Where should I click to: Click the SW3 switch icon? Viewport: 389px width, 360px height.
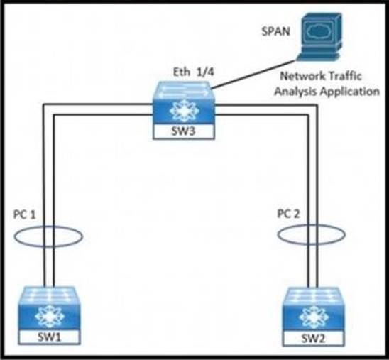[x=184, y=110]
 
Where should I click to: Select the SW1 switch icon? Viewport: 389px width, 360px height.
[x=50, y=315]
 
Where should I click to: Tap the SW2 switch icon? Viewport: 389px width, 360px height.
[x=314, y=317]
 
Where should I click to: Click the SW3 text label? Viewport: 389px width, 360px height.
[x=184, y=131]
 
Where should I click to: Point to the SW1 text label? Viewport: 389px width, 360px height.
[x=49, y=337]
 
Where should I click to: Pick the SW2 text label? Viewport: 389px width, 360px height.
[x=313, y=339]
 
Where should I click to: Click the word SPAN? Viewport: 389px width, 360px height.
[x=276, y=31]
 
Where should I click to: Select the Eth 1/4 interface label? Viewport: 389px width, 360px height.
[x=194, y=72]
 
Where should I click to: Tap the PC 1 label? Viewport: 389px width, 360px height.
[x=25, y=214]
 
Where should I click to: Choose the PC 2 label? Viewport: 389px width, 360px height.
[x=288, y=214]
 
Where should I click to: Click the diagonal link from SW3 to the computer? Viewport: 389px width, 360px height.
[x=253, y=74]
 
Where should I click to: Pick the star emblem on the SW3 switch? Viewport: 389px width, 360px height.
[x=184, y=111]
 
